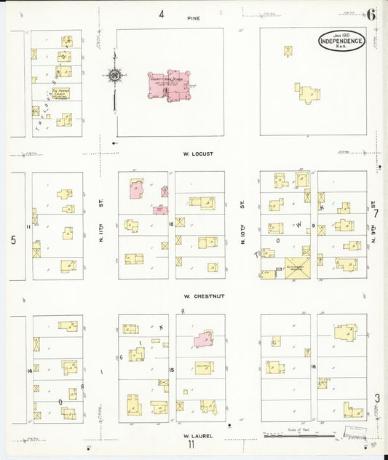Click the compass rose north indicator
coord(114,75)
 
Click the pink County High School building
coord(169,85)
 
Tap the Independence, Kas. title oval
coord(341,41)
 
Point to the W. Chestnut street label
coord(198,296)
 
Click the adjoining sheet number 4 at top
coord(162,14)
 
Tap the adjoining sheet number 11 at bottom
coord(190,445)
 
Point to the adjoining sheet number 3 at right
coord(377,397)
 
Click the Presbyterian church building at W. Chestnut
coord(298,268)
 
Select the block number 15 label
coord(172,370)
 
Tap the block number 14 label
coord(29,371)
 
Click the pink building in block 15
coord(205,339)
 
